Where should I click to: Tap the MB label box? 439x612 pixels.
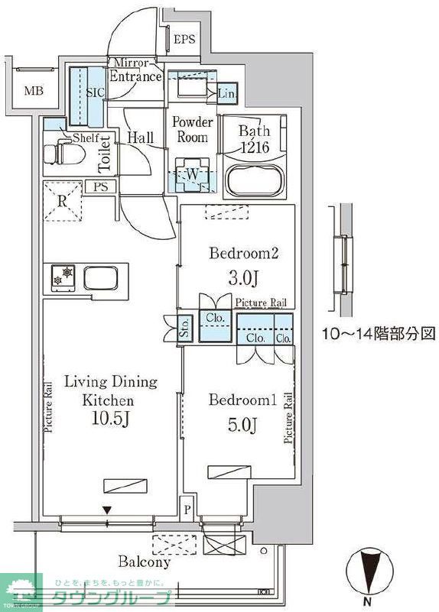(33, 92)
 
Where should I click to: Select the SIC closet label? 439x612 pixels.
(95, 92)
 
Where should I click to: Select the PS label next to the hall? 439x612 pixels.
(100, 186)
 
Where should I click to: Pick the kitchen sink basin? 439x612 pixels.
(101, 277)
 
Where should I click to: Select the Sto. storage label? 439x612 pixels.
(184, 328)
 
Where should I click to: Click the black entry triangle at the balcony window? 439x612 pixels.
(108, 510)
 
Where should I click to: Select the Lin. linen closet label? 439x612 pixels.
(226, 93)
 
